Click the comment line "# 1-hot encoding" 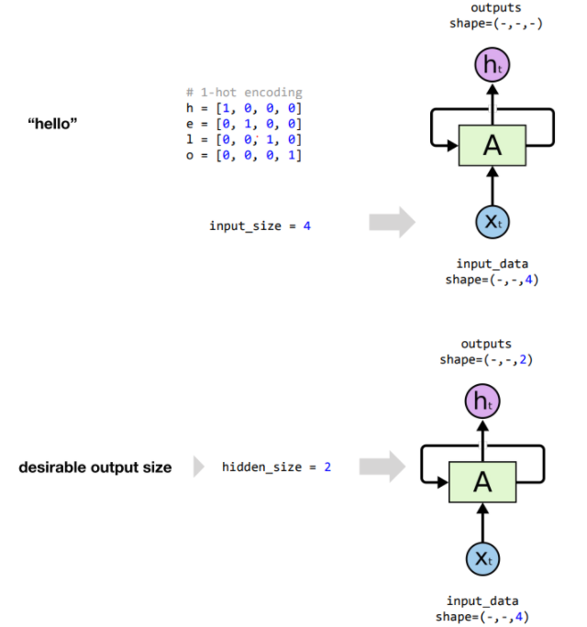click(x=243, y=93)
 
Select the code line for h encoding click(x=243, y=108)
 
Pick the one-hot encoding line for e click(x=243, y=124)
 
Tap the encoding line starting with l click(x=243, y=139)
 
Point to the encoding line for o click(x=243, y=155)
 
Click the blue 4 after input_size click(x=306, y=225)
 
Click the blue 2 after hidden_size click(x=327, y=467)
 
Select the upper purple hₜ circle click(x=492, y=65)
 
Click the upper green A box click(x=492, y=145)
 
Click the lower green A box click(x=482, y=481)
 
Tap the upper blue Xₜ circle click(x=492, y=222)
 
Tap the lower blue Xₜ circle click(x=482, y=557)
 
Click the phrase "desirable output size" click(x=94, y=467)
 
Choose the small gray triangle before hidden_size click(x=198, y=467)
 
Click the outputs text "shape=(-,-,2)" click(x=485, y=359)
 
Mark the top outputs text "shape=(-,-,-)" click(x=495, y=23)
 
